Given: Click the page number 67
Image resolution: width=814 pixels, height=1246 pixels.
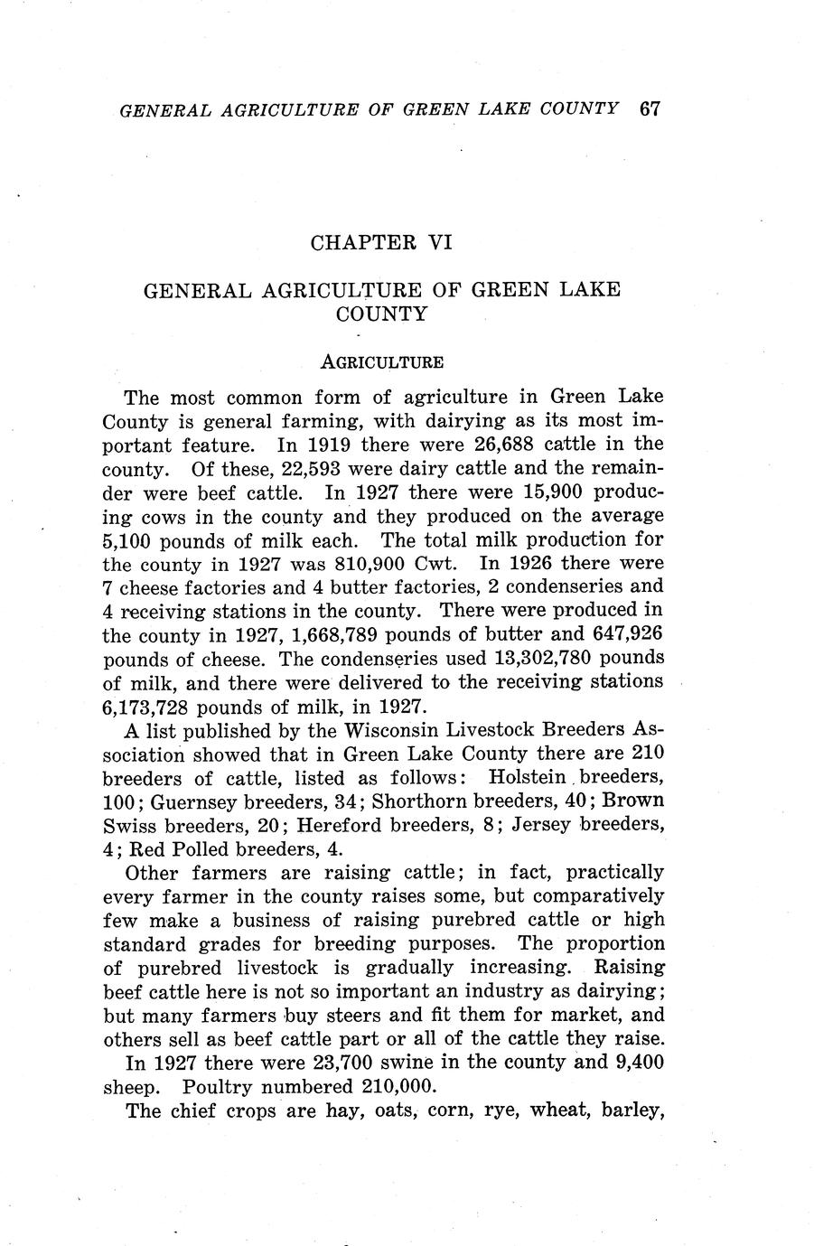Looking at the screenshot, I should (x=650, y=108).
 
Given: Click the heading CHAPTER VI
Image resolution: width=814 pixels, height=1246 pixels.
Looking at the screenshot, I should (x=380, y=242).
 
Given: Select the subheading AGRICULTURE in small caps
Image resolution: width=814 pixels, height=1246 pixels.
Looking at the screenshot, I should (x=382, y=362).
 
